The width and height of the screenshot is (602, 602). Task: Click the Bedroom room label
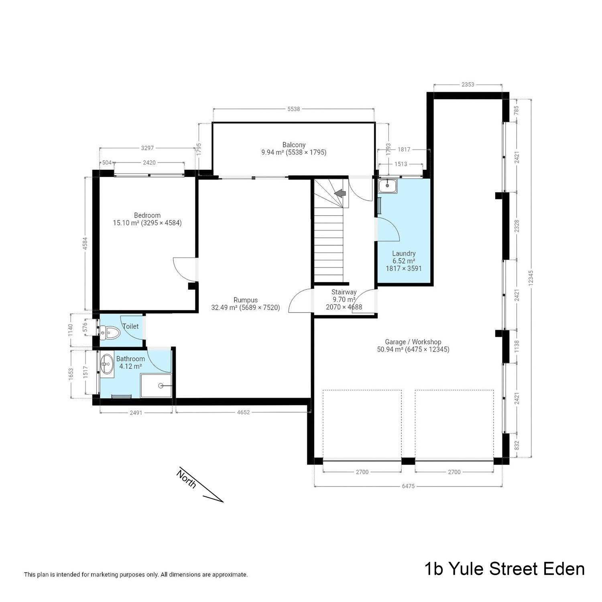[147, 216]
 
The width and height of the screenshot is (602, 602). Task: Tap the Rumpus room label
[246, 300]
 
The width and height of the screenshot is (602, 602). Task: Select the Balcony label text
[294, 145]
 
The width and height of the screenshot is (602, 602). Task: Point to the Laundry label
[404, 254]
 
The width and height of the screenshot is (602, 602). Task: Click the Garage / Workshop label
[413, 342]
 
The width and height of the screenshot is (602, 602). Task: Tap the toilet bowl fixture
[110, 332]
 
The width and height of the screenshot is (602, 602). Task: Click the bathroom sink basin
[107, 364]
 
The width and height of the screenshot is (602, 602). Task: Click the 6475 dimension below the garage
[408, 486]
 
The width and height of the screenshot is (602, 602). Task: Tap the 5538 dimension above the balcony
[293, 109]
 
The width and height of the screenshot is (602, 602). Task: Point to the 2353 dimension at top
[468, 84]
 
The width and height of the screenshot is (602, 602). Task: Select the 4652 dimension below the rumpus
[243, 412]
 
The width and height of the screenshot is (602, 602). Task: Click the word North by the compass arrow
[187, 479]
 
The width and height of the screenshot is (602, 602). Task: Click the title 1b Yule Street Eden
[504, 569]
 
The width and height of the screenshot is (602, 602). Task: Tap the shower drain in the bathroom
[161, 386]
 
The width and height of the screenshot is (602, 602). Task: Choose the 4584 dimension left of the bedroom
[85, 244]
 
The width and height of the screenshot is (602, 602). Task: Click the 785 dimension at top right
[517, 110]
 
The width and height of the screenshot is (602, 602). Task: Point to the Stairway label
[344, 292]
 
